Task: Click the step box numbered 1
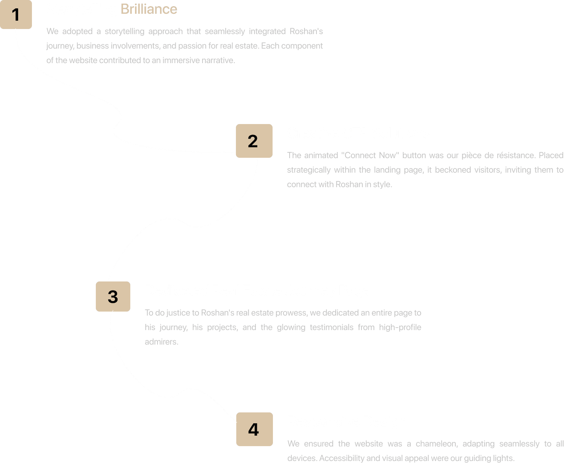point(16,15)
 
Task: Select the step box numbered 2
point(254,141)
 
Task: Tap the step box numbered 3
point(113,296)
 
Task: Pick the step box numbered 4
point(254,429)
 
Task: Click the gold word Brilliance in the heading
point(149,9)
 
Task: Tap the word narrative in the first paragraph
point(218,60)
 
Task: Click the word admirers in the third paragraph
point(161,342)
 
